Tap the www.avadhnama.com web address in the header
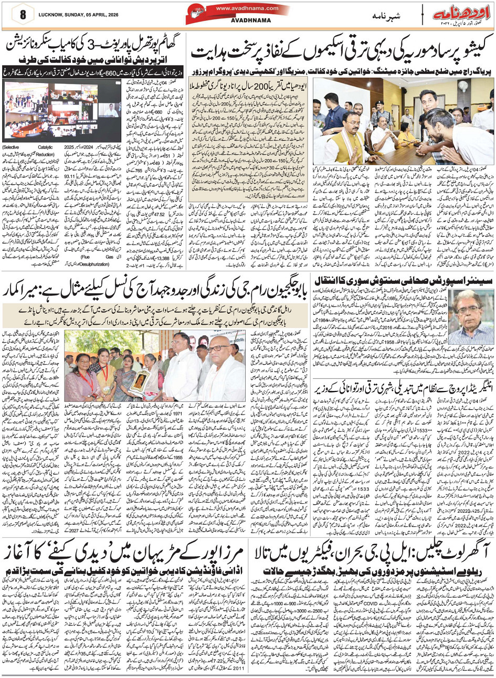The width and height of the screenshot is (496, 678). pos(247,9)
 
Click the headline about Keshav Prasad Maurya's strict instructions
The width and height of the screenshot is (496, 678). pos(341,52)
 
